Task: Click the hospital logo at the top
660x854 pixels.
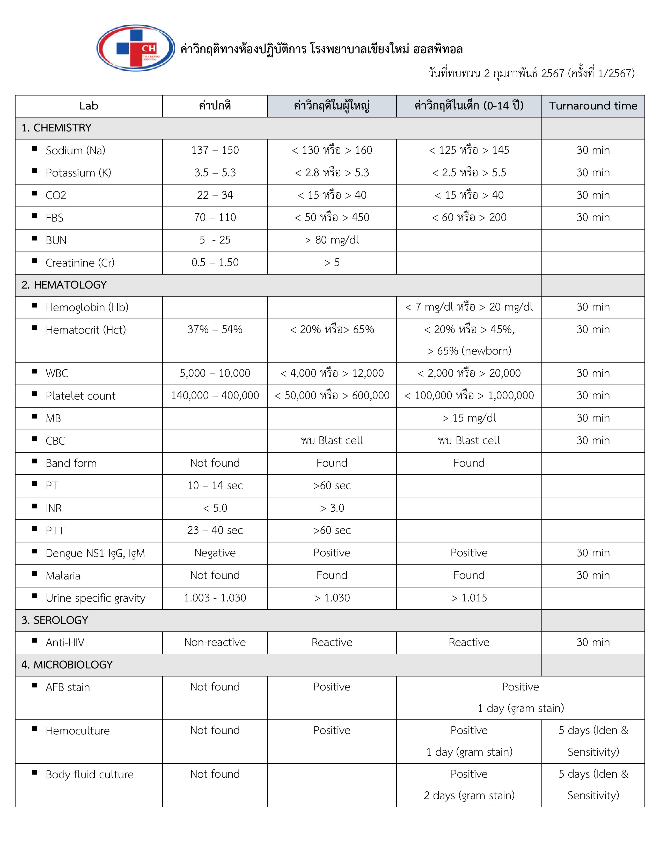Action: (135, 48)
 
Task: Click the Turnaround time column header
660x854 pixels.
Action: (593, 106)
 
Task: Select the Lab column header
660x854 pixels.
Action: (89, 106)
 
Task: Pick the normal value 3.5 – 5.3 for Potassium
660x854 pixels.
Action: (215, 173)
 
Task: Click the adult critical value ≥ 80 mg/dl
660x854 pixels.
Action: (332, 240)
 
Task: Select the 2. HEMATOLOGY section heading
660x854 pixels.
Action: (64, 285)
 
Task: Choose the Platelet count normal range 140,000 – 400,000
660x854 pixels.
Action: (215, 396)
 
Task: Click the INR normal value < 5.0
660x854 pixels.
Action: (215, 508)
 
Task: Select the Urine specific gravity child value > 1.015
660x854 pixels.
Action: (469, 598)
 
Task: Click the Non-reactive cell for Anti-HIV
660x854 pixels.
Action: (215, 643)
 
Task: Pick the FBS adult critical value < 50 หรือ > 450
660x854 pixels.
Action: (332, 218)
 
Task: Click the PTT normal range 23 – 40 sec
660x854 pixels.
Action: (215, 531)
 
